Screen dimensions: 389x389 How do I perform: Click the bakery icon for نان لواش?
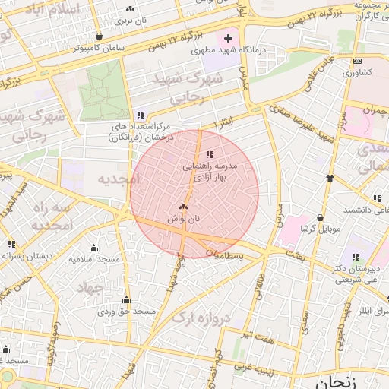pos(183,207)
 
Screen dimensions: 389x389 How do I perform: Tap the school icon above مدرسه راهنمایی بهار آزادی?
pos(210,154)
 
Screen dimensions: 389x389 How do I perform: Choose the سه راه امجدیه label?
pos(52,217)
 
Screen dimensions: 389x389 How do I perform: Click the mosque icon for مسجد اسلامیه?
pos(93,248)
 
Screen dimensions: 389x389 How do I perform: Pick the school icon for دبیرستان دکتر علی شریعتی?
pos(356,258)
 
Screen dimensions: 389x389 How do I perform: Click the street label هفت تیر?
pos(253,335)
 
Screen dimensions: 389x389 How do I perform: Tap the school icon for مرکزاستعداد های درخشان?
pos(140,115)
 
